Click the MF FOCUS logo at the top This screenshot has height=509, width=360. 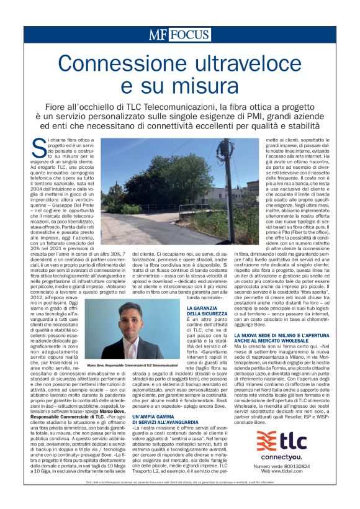180,35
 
